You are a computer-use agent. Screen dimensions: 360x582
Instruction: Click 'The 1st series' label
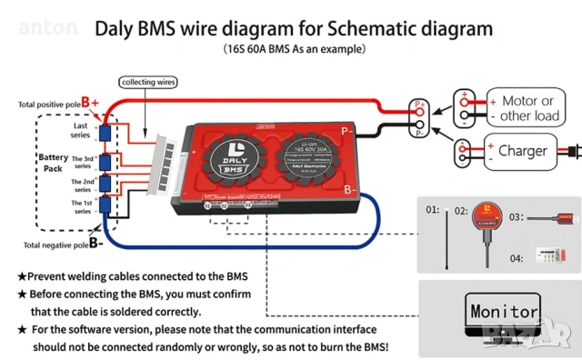click(81, 205)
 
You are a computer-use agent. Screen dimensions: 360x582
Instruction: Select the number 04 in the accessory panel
click(517, 259)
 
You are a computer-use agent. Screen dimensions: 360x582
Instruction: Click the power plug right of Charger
click(570, 150)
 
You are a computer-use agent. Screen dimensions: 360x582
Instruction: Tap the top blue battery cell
click(105, 134)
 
